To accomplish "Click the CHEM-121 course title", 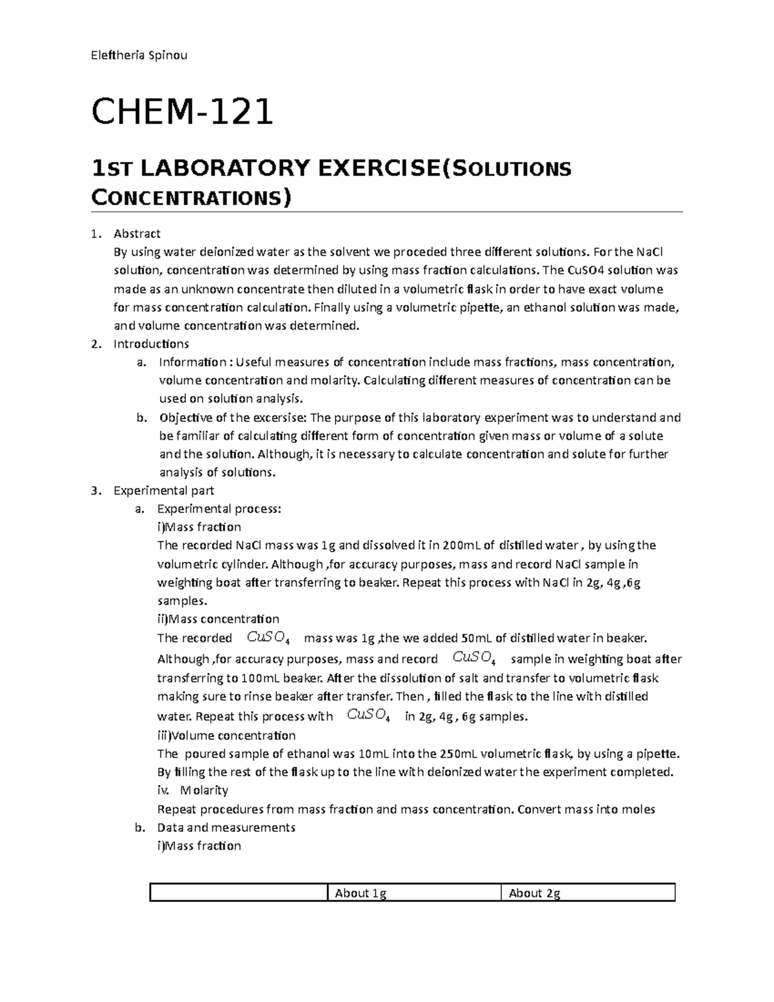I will click(183, 112).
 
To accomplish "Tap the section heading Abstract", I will click(137, 234).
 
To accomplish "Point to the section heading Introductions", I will click(151, 344).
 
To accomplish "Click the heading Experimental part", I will click(164, 490).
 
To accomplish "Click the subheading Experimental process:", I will click(219, 509).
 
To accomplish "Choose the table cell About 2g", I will click(534, 893).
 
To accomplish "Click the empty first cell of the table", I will click(239, 893).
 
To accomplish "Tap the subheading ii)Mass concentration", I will click(218, 619).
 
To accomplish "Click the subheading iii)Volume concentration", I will click(226, 736).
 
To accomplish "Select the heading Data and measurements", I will click(226, 827).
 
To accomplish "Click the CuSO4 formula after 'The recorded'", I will click(268, 638).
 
